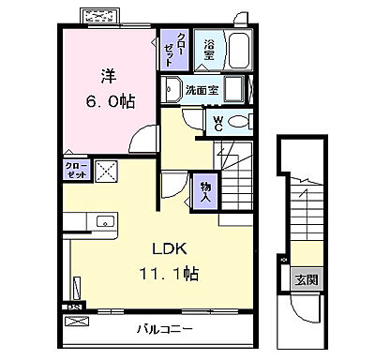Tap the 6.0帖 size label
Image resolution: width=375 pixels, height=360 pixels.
[112, 100]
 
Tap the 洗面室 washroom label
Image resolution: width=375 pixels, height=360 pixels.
[202, 92]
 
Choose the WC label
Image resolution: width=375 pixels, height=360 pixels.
[217, 122]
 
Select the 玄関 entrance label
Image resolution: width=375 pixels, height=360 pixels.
[306, 279]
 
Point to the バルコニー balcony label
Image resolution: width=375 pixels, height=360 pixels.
[163, 329]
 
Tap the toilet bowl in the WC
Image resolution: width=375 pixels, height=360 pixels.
[238, 121]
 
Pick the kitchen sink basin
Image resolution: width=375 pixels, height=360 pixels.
[103, 222]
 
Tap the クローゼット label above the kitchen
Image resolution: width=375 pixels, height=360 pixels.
[77, 170]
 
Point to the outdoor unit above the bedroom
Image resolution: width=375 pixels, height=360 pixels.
[100, 16]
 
